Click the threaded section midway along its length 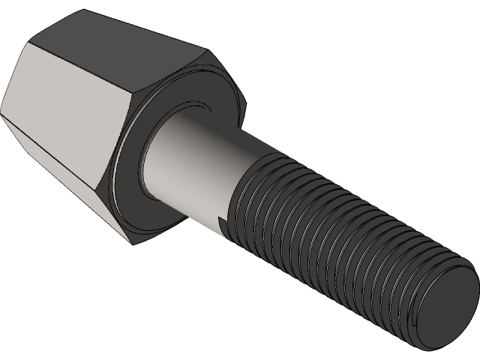(x=337, y=240)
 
